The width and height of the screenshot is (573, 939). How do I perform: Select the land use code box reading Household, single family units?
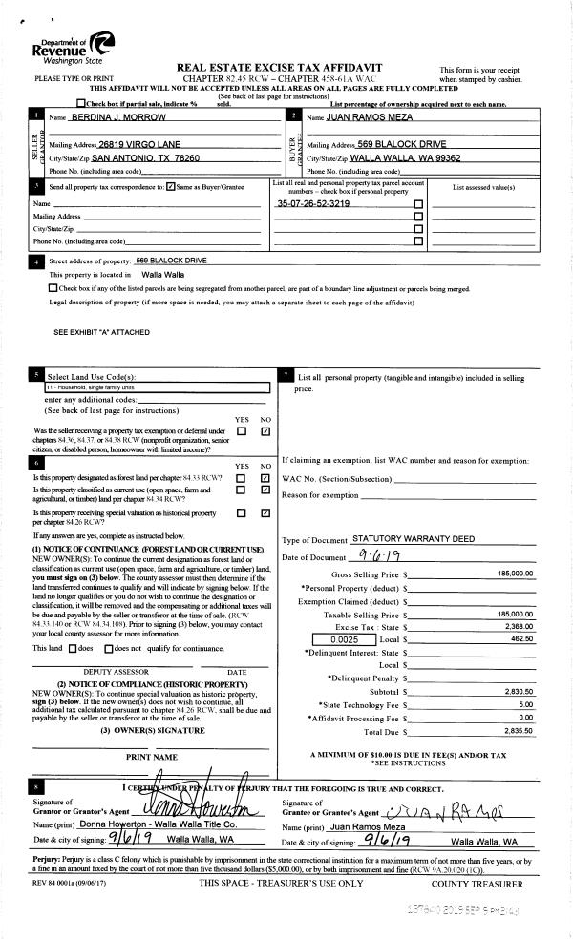(x=158, y=388)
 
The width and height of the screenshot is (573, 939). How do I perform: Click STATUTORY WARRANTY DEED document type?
(x=413, y=539)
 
